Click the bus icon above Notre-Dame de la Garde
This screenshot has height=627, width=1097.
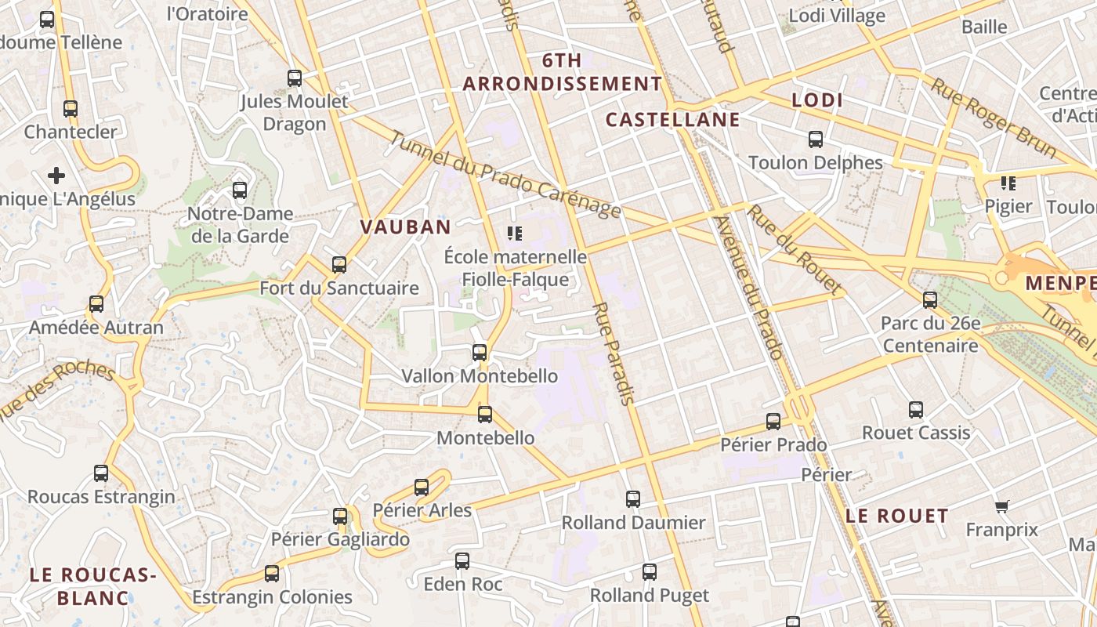click(x=240, y=190)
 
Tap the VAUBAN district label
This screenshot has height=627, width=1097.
click(x=405, y=227)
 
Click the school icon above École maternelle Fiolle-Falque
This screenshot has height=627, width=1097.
click(x=515, y=233)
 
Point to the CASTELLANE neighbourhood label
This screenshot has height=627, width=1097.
click(x=672, y=119)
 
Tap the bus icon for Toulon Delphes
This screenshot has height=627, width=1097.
click(x=816, y=140)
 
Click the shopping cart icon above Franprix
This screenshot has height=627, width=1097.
click(x=1001, y=506)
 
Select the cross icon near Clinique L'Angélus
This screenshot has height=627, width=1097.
click(x=56, y=176)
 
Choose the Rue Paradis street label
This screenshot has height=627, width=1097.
click(x=614, y=353)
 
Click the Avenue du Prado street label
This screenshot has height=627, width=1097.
click(x=758, y=288)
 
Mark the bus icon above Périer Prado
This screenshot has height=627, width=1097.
click(x=773, y=422)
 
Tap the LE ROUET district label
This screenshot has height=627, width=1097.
click(x=897, y=516)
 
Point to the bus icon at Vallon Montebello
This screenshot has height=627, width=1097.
click(x=480, y=353)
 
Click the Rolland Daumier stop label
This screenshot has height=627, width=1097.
click(x=633, y=522)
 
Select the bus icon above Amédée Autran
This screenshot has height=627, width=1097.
click(x=96, y=304)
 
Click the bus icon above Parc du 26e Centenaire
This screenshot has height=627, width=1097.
click(x=930, y=299)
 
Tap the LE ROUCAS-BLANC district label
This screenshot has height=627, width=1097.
click(x=93, y=585)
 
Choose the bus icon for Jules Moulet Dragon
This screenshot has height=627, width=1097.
click(x=295, y=78)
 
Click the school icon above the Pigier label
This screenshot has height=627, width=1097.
click(x=1008, y=183)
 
